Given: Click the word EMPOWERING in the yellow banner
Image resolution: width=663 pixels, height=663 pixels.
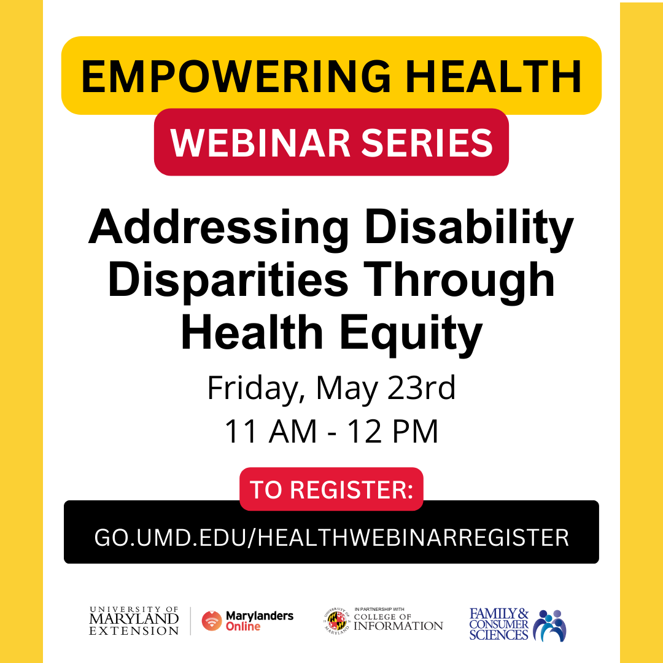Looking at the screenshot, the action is (236, 77).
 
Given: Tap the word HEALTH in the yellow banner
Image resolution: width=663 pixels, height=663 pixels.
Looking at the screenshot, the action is (494, 77).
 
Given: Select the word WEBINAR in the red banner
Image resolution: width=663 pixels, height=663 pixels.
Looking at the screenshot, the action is (260, 142).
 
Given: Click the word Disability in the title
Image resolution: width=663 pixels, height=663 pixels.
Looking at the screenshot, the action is (470, 229).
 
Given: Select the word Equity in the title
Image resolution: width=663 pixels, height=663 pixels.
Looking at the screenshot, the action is (411, 335).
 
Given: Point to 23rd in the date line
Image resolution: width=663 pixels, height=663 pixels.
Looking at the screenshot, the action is (421, 388).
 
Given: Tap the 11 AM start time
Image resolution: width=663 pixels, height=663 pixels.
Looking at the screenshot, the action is (271, 432).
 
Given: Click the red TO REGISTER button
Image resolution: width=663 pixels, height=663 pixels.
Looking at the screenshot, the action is (331, 489).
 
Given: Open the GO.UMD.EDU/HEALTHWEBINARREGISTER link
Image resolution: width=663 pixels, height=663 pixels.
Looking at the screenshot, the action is (331, 538).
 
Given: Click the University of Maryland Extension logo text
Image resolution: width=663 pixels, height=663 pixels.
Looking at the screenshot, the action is (134, 621).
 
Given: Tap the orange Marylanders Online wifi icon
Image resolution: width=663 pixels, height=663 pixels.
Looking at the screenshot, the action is (212, 621).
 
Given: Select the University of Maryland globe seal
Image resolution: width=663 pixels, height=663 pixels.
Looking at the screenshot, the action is (338, 621).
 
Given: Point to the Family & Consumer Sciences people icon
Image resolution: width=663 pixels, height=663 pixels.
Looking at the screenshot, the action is (549, 625).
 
